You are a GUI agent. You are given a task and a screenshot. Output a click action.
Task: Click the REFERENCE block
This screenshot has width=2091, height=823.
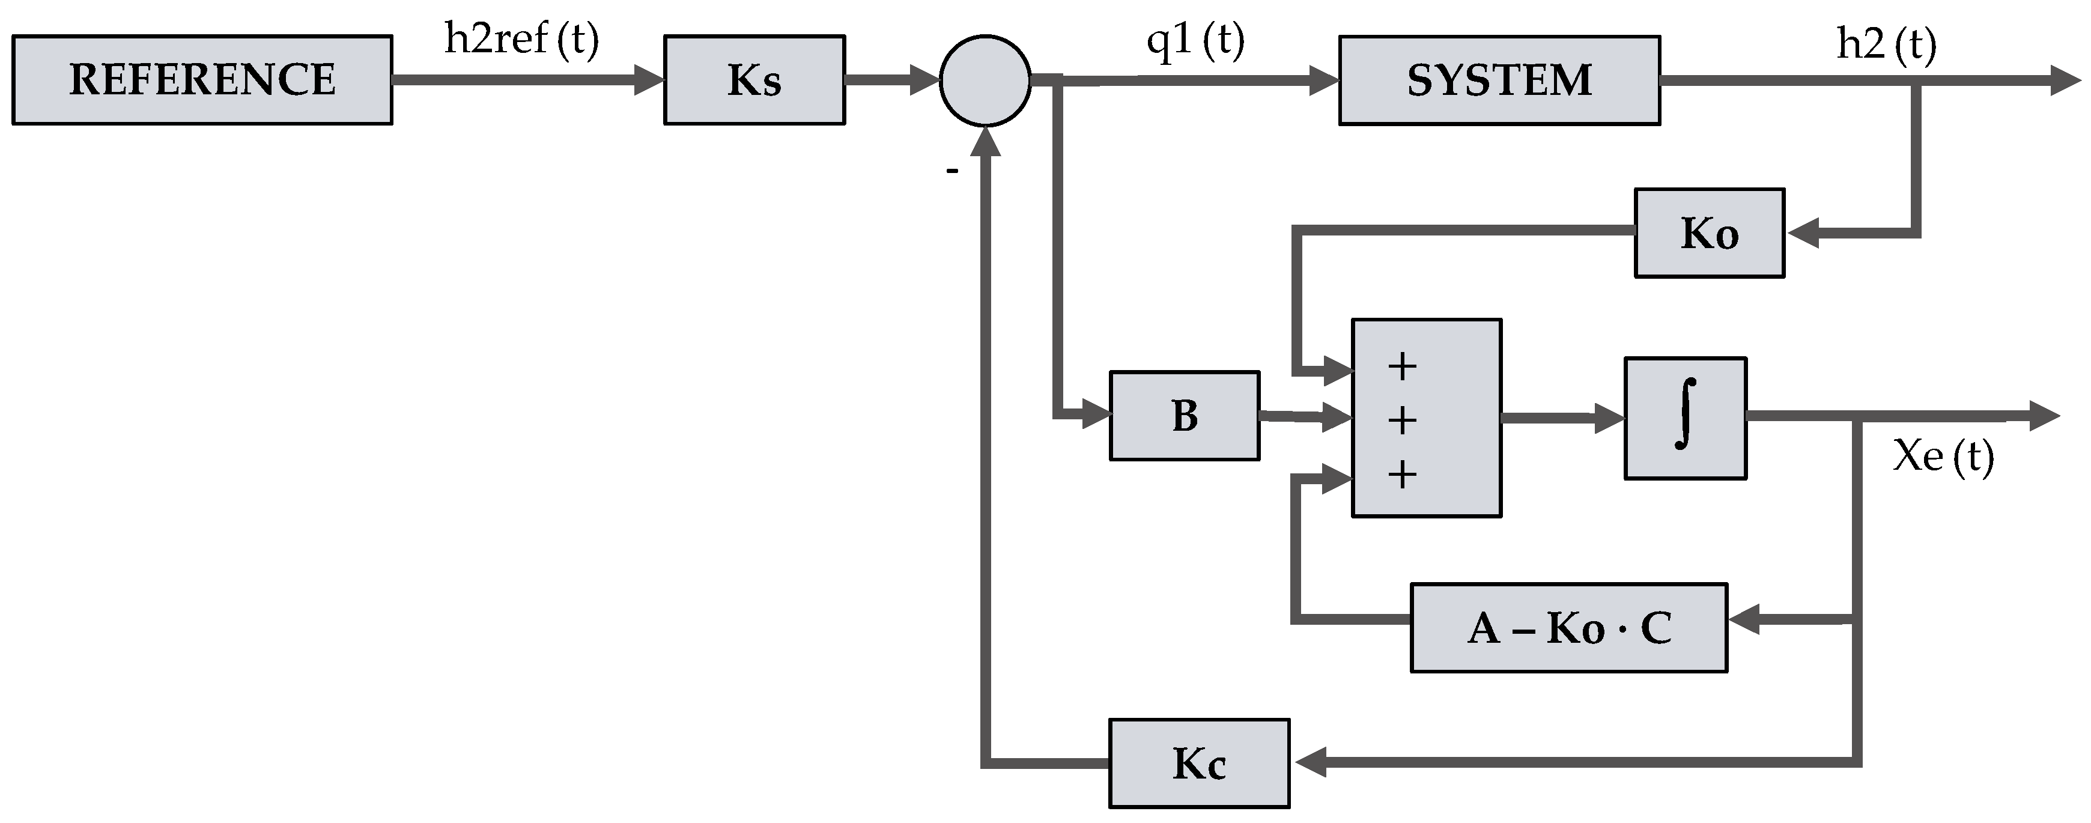[x=202, y=79]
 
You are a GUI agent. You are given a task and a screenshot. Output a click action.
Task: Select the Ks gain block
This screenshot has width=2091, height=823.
[x=754, y=79]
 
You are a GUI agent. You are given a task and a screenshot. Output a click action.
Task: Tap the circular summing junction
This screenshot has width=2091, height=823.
[x=985, y=80]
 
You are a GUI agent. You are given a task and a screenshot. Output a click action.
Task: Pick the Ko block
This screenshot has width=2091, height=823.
[x=1709, y=234]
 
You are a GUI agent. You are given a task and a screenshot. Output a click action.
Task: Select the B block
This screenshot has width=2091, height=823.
[x=1185, y=416]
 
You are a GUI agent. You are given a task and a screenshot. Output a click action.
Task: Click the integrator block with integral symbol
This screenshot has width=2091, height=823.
[x=1685, y=418]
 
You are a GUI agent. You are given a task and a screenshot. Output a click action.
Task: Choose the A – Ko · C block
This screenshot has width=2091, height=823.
[x=1568, y=627]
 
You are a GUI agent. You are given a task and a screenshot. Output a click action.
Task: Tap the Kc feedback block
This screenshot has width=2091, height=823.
[x=1199, y=763]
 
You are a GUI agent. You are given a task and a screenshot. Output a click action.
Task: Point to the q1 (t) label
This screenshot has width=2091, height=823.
[x=1195, y=41]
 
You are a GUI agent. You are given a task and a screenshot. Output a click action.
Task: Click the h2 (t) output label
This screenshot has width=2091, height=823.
[x=1886, y=44]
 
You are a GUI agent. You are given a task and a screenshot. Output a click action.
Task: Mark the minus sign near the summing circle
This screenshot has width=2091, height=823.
[x=952, y=171]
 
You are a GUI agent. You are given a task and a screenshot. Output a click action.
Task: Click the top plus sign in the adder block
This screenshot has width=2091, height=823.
[x=1402, y=367]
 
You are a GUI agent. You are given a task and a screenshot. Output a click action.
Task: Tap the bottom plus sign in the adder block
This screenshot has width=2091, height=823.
[x=1402, y=474]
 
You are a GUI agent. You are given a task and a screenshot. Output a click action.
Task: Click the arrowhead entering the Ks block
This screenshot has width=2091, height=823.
[x=649, y=79]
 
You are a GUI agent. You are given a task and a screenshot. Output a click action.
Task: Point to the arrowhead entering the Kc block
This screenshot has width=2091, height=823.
[x=1310, y=763]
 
